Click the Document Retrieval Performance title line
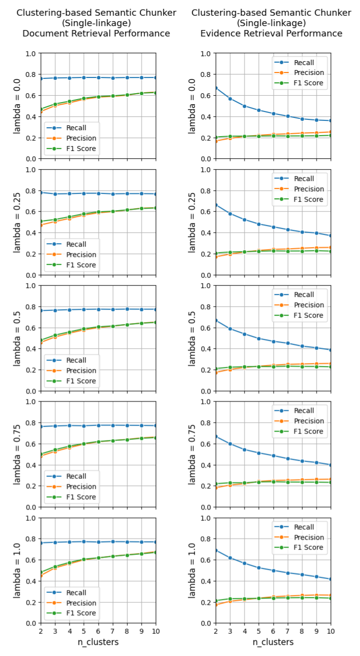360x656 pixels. coord(96,34)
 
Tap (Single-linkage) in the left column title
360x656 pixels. coord(96,23)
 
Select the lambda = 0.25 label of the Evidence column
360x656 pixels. coord(192,222)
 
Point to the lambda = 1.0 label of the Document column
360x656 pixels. coord(18,570)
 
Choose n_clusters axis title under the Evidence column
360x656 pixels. coord(273,642)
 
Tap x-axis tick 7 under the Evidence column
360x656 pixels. coord(288,631)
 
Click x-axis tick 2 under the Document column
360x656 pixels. coord(40,631)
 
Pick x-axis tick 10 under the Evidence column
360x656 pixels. coord(331,631)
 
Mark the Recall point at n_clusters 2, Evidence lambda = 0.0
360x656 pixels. coord(215,88)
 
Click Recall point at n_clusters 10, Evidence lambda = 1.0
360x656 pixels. coord(331,579)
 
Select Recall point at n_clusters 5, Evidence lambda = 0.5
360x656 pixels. coord(258,339)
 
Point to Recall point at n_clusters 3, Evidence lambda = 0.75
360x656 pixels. coord(230,444)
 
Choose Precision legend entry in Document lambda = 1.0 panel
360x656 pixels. coord(79,603)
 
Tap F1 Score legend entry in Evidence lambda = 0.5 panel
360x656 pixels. coord(309,315)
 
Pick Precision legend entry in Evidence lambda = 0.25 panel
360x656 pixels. coord(309,189)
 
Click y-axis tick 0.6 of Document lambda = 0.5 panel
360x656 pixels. coord(30,328)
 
